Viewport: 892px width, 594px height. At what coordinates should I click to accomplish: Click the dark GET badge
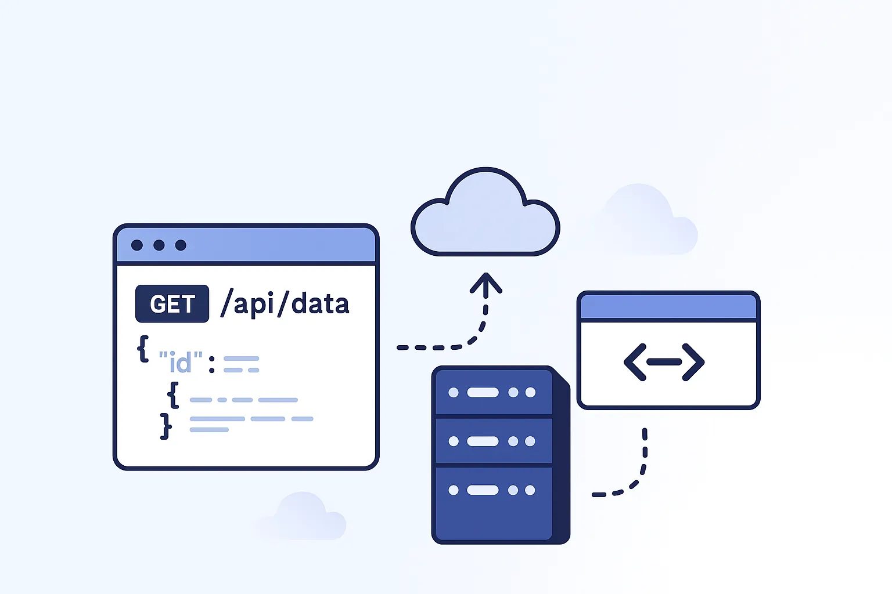pos(172,304)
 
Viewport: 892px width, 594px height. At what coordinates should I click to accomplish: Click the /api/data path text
pos(285,304)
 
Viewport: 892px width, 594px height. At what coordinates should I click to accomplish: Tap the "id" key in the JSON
pos(181,363)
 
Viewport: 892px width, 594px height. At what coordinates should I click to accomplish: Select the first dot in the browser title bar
pos(137,245)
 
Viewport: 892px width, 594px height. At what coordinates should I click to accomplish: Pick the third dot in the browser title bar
pos(181,245)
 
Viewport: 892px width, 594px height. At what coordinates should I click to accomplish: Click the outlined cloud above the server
pos(485,220)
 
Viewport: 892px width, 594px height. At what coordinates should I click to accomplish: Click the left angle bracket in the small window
pos(635,362)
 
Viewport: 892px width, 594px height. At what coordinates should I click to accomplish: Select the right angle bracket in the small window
pos(693,362)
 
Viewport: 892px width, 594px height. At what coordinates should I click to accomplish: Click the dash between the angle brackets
pos(664,362)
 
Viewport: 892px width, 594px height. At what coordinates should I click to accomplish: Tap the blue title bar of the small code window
pos(668,307)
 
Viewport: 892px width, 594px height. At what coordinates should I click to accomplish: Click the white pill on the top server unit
pos(483,393)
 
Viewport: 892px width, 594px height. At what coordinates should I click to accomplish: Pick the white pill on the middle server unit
pos(483,441)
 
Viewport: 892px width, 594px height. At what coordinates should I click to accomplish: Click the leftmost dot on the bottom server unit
pos(454,490)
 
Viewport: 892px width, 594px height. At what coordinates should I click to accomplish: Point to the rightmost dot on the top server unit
pos(530,393)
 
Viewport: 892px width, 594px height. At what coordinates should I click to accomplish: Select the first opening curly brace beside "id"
pos(143,349)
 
